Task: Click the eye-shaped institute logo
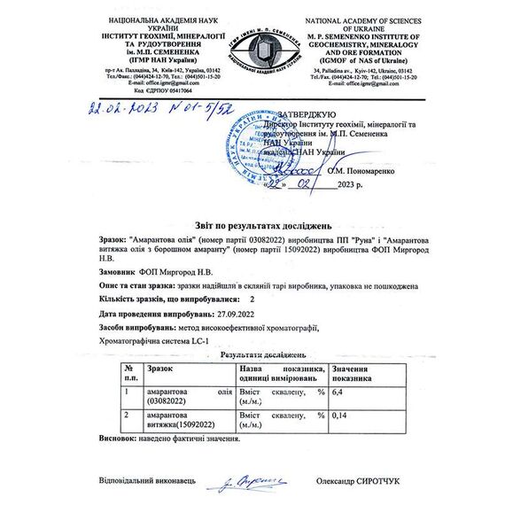(x=252, y=55)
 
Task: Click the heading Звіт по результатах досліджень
(x=252, y=222)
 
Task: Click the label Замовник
(x=119, y=273)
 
